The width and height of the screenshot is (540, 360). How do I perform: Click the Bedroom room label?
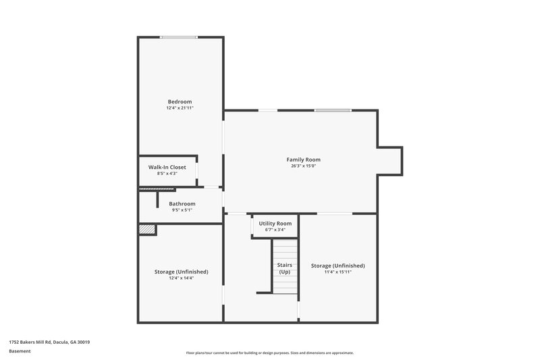(x=180, y=102)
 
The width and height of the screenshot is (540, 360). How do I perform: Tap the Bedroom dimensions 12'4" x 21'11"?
(x=180, y=108)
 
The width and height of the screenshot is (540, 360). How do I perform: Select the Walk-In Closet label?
(x=167, y=167)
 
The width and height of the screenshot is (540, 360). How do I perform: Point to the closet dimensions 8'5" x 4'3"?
(x=167, y=174)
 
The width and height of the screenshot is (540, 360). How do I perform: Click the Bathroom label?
(x=182, y=203)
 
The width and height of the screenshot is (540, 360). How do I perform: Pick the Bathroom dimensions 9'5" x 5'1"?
(x=182, y=210)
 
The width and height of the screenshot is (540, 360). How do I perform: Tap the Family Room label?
(x=303, y=159)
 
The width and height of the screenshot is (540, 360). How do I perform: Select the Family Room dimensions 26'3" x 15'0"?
(x=303, y=166)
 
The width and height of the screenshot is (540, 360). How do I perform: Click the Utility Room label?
(x=275, y=224)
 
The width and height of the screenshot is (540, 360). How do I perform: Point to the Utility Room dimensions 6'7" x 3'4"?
(x=275, y=230)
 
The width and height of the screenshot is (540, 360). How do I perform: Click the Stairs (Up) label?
(x=285, y=268)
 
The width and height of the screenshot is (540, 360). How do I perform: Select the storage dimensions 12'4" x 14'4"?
(x=181, y=278)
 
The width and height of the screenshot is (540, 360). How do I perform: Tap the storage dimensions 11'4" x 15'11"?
(x=337, y=272)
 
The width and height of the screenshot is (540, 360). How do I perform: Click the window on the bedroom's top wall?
(x=179, y=37)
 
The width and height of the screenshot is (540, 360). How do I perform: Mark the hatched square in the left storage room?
(x=147, y=230)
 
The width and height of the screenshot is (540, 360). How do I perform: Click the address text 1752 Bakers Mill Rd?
(x=49, y=342)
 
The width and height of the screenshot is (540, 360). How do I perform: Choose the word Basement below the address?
(x=20, y=351)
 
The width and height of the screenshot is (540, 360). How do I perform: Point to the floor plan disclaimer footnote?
(x=270, y=353)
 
